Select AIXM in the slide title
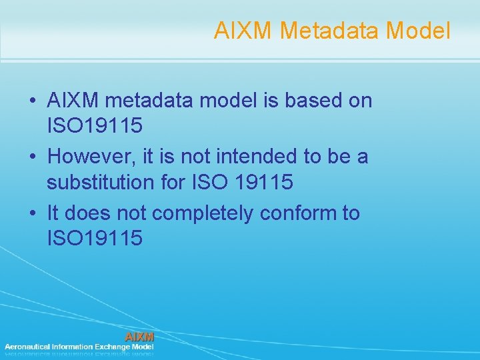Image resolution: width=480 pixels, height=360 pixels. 243,30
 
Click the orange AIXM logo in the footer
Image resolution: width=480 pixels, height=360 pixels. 140,336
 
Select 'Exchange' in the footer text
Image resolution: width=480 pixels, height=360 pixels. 112,347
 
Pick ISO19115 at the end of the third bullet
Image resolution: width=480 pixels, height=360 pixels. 94,238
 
